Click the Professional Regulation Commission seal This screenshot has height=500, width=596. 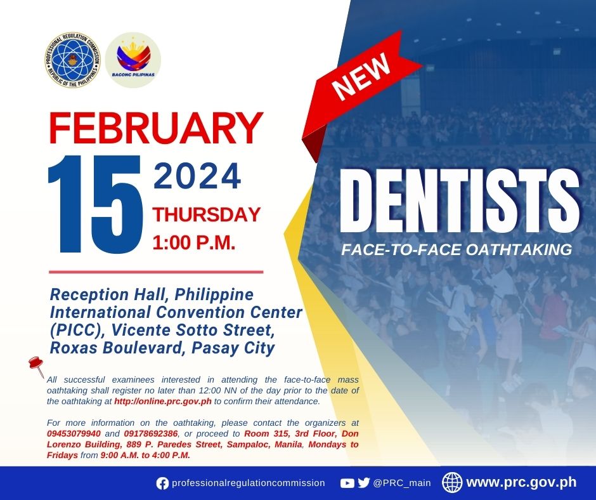(73, 60)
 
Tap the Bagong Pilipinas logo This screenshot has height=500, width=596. (133, 60)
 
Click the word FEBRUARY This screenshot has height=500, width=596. (156, 128)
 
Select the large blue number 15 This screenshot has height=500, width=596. (95, 204)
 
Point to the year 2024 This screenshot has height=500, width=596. (197, 176)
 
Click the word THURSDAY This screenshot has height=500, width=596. (207, 214)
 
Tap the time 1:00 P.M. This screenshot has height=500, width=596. (194, 242)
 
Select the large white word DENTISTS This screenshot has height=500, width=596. (460, 201)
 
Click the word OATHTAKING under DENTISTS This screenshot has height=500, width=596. (519, 249)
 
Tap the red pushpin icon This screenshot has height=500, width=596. (37, 367)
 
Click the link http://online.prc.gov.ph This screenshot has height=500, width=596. (163, 402)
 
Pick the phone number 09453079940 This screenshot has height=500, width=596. (74, 434)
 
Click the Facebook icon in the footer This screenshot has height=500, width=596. (162, 484)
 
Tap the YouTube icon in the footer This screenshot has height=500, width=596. (347, 484)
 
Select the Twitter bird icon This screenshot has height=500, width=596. (364, 483)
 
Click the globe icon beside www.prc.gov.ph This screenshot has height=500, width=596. (452, 482)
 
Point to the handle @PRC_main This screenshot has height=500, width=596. (402, 484)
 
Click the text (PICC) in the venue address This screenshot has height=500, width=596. (78, 331)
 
